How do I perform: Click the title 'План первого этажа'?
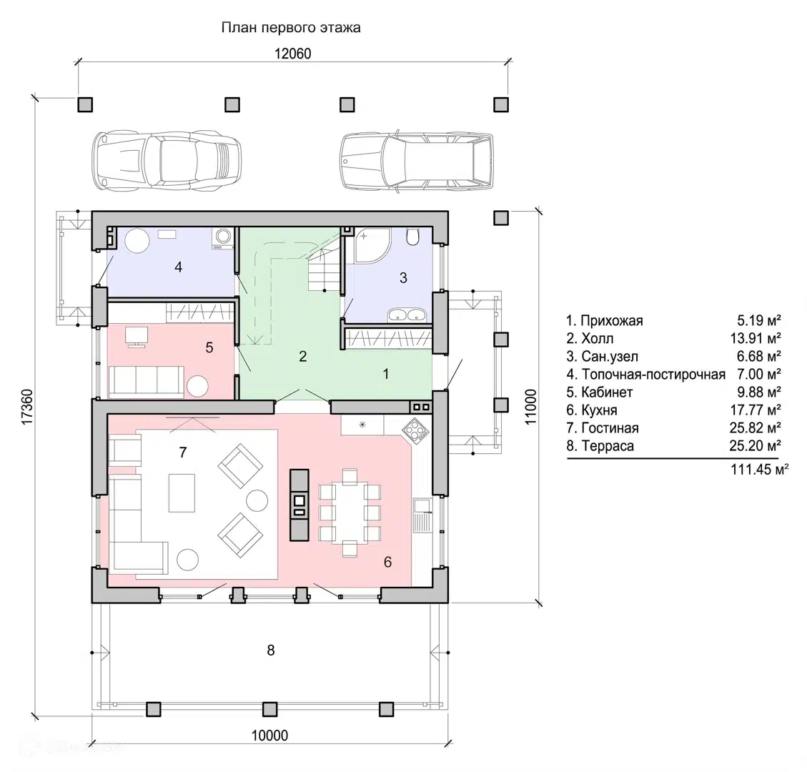291,27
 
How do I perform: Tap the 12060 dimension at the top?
293,54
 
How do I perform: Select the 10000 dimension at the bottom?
269,736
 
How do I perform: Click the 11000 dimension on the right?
530,407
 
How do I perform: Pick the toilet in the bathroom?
412,237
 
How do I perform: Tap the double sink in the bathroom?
407,315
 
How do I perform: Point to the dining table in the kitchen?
350,512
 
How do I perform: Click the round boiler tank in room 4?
137,240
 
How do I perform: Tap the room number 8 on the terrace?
271,650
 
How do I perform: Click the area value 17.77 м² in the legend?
759,410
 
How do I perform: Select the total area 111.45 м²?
759,470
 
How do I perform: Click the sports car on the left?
167,161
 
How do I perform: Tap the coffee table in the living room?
182,493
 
